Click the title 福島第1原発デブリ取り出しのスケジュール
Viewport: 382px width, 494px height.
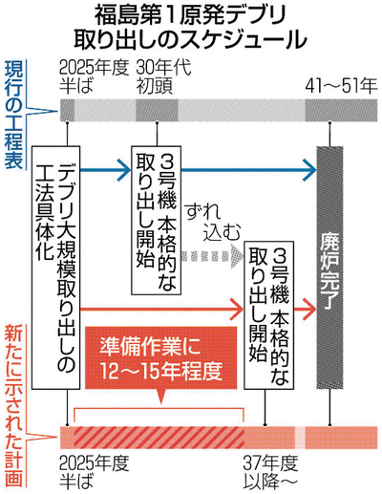[x=190, y=29]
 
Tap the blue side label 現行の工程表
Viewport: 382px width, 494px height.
[x=13, y=115]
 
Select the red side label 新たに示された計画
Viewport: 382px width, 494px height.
[x=13, y=406]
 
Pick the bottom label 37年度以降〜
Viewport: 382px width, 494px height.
[x=270, y=472]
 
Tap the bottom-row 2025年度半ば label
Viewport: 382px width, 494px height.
[x=95, y=472]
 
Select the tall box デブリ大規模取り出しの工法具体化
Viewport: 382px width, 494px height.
[x=55, y=268]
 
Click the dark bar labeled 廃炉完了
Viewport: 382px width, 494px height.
[x=329, y=268]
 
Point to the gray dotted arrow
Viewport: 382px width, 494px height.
[x=212, y=255]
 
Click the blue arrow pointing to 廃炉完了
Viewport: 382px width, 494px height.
[x=249, y=170]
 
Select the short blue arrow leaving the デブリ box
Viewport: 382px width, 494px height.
[x=106, y=170]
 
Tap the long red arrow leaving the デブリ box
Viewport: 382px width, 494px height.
[x=162, y=309]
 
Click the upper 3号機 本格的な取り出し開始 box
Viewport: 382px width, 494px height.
[x=157, y=220]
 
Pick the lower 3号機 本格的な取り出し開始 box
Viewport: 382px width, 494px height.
[x=269, y=315]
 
